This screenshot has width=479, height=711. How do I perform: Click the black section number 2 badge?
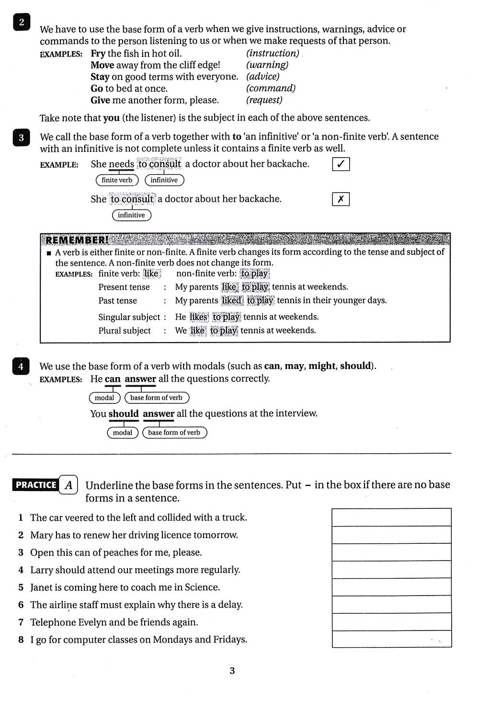(22, 23)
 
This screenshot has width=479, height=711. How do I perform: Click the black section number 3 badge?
(21, 138)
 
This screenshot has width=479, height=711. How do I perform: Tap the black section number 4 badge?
(21, 367)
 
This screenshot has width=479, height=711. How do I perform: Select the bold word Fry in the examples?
(98, 54)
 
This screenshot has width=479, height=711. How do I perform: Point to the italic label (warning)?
(267, 65)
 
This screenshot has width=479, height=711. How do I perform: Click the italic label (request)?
(264, 100)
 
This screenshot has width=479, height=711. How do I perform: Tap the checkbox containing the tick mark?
(341, 164)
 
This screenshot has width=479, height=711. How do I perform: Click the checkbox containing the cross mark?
(341, 199)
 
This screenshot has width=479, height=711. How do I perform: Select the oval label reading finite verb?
(117, 180)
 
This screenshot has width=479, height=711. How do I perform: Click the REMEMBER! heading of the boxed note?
(77, 240)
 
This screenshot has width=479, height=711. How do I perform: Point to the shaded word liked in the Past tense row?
(232, 301)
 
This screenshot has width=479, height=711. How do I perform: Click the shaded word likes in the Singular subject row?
(198, 317)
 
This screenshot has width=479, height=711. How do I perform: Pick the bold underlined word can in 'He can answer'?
(113, 379)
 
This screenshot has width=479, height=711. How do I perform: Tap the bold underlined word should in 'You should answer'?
(124, 414)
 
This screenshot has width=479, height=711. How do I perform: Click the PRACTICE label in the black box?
(36, 485)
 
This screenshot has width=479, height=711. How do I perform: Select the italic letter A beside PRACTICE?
(68, 485)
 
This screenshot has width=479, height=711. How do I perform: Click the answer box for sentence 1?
(391, 517)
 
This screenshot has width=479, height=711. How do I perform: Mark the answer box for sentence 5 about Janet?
(391, 587)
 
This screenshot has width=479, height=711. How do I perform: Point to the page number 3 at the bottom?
(232, 671)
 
